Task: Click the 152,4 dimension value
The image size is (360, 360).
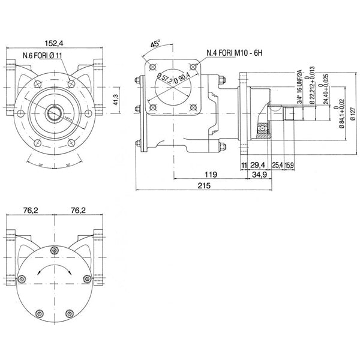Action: coord(55,43)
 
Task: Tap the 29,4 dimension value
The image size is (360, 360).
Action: coord(257,164)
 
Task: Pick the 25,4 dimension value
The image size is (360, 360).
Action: coord(277,164)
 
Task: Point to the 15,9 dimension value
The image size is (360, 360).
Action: coord(289,164)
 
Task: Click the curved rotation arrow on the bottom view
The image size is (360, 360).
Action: coord(55,270)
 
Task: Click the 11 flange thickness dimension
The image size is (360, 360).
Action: coord(244,164)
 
